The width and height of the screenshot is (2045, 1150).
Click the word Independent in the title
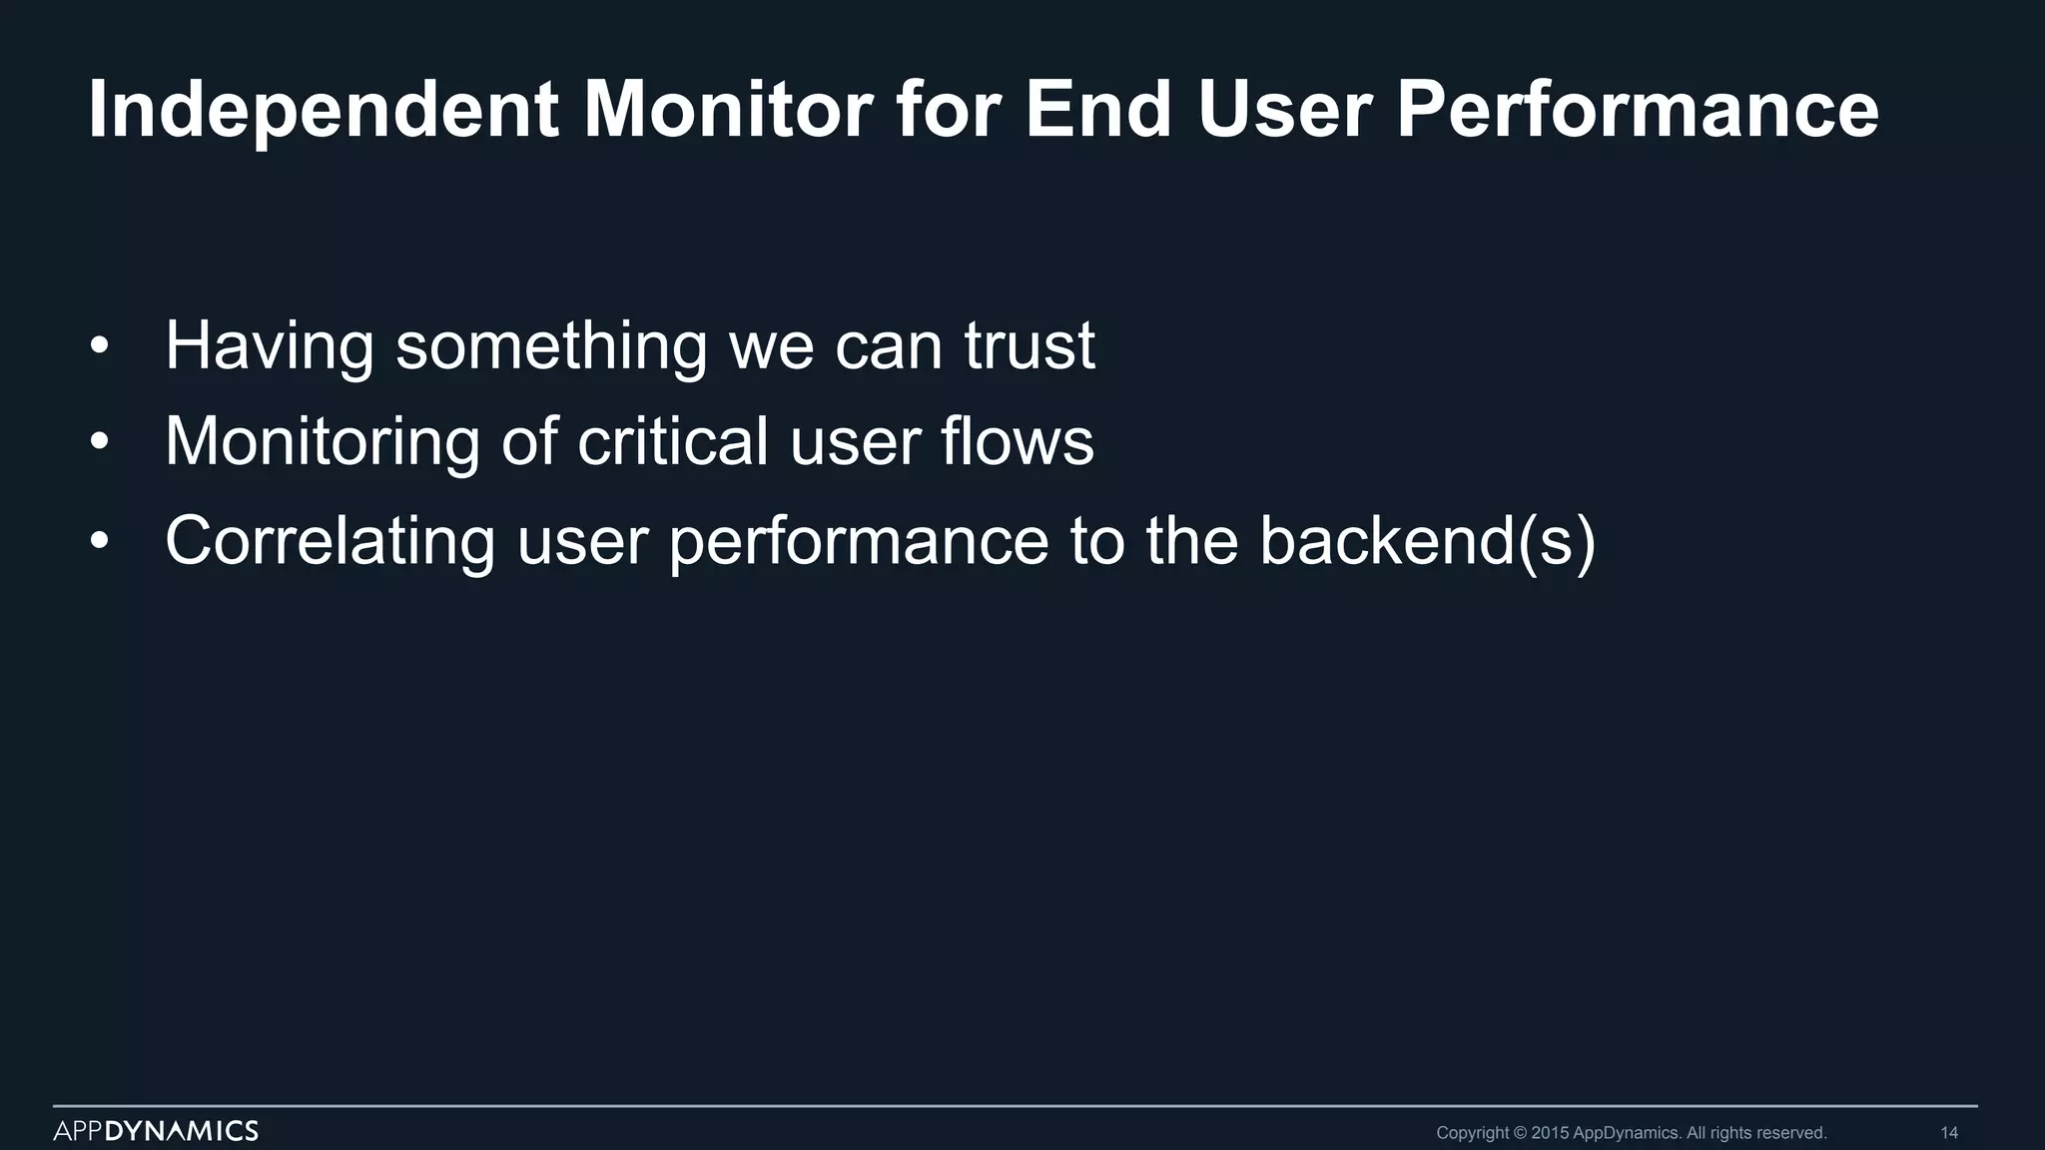coord(323,110)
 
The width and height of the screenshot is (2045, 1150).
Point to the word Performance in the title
coord(1637,110)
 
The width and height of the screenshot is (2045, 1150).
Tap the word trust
coord(1029,345)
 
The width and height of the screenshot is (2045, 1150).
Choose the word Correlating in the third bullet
coord(330,541)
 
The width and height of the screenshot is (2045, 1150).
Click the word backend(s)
coord(1427,541)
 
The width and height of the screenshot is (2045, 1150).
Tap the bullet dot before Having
coord(98,346)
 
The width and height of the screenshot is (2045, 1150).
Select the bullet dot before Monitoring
coord(98,442)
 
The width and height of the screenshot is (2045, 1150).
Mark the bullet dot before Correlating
coord(98,542)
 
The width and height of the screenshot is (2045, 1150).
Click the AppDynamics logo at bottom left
coord(156,1131)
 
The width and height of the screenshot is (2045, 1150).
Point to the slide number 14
coord(1948,1133)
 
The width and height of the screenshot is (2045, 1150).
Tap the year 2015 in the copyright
coord(1550,1133)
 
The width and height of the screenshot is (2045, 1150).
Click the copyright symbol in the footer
coord(1521,1133)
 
